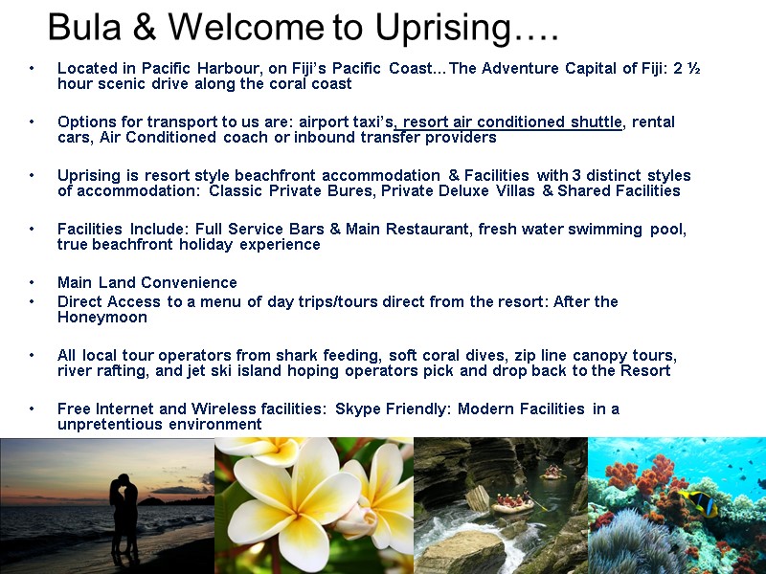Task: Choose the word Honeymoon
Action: (x=101, y=317)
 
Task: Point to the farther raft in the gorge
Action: (x=553, y=472)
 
